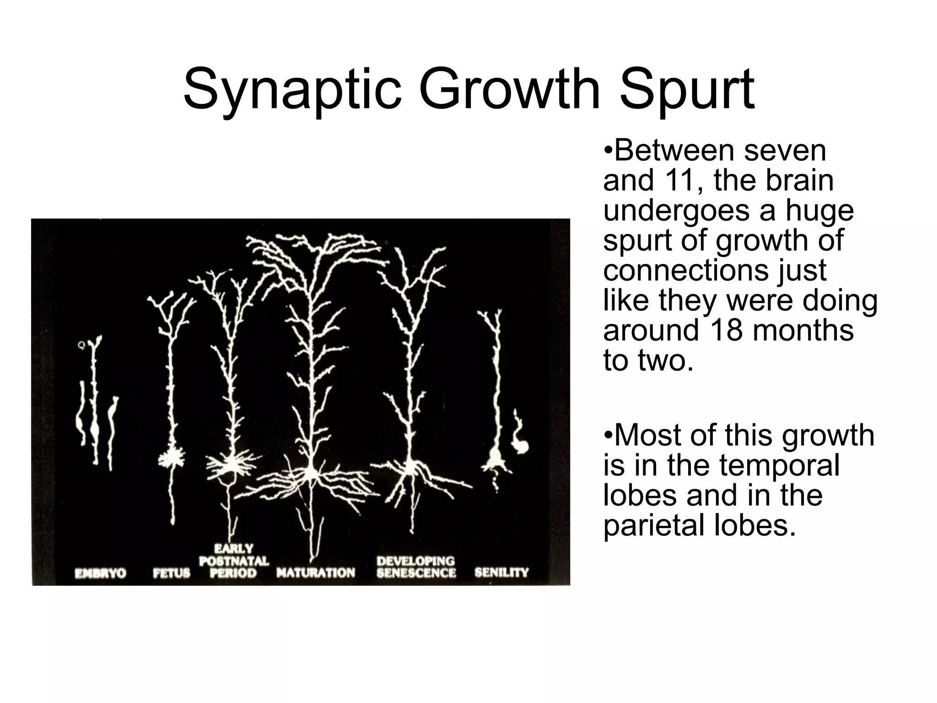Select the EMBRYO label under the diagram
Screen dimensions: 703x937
[100, 573]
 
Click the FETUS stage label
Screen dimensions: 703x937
[171, 573]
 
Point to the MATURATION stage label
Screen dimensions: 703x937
[316, 573]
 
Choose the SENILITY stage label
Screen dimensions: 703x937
[501, 573]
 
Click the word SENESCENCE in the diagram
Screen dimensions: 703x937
[416, 573]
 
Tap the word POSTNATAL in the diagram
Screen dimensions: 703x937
[234, 561]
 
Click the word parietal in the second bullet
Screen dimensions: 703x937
[652, 526]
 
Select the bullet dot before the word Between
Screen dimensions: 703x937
[608, 151]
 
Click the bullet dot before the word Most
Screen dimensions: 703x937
[608, 436]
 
